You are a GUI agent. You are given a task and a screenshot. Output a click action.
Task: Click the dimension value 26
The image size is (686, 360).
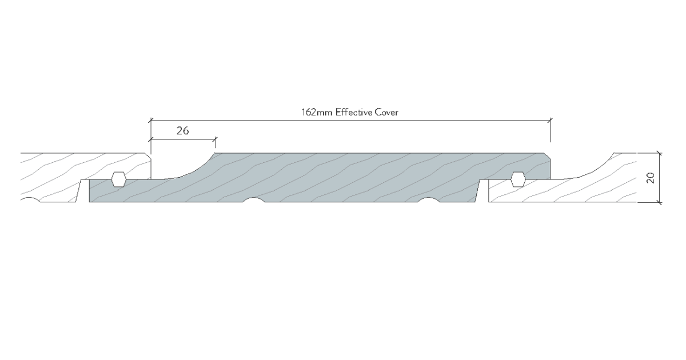[x=183, y=131]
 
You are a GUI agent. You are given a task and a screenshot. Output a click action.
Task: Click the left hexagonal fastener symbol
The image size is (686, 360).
[x=118, y=178]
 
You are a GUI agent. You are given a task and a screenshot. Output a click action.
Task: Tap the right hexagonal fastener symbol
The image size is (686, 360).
[x=518, y=178]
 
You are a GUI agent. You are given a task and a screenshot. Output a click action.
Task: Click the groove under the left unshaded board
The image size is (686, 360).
[x=29, y=201]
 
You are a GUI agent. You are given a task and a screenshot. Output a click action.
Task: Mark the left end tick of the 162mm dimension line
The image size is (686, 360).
[x=150, y=120]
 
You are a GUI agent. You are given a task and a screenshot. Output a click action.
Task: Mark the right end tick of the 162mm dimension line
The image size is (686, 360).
[x=551, y=120]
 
